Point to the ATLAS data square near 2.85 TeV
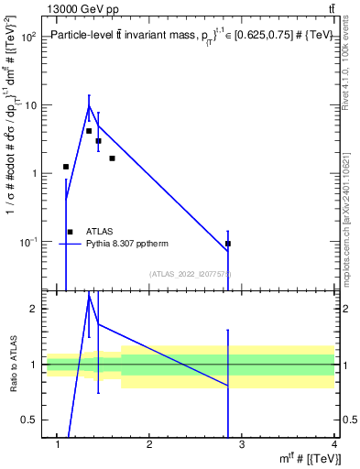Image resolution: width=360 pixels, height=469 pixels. (228, 244)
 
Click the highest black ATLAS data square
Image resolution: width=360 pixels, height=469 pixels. (89, 131)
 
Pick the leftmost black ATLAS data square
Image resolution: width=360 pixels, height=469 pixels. (66, 167)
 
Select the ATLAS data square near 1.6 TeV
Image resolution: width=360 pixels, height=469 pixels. (112, 158)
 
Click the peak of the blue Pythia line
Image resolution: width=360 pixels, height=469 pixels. (89, 105)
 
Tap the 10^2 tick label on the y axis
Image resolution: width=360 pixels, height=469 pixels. (27, 38)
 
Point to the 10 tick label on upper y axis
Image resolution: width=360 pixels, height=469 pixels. (30, 105)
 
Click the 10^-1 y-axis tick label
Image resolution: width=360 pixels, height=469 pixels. (27, 242)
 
